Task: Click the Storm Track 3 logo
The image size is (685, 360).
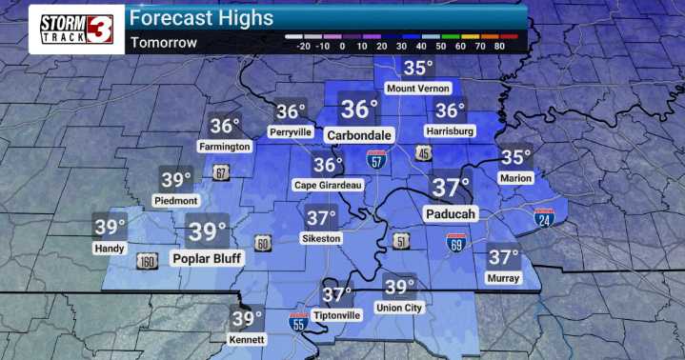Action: click(76, 29)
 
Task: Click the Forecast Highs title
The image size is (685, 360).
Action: click(201, 18)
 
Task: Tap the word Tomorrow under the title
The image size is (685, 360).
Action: click(164, 42)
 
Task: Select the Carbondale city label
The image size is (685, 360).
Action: click(359, 135)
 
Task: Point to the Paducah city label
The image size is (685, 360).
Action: click(450, 213)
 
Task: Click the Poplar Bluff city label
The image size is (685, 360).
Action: click(208, 257)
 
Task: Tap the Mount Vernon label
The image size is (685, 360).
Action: click(417, 89)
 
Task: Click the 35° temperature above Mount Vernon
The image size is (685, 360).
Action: click(417, 68)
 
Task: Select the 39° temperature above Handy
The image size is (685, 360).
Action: click(110, 227)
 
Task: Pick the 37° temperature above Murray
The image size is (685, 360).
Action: click(503, 256)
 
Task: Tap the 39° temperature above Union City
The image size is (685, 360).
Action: click(399, 286)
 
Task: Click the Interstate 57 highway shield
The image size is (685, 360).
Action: click(377, 159)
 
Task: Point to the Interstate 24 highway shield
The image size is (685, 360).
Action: click(544, 218)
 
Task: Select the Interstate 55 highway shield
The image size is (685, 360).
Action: click(298, 323)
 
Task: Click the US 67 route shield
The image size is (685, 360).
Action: click(221, 172)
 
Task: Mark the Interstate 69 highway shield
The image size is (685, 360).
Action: click(456, 243)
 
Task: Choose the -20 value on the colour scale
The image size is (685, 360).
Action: click(305, 45)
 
